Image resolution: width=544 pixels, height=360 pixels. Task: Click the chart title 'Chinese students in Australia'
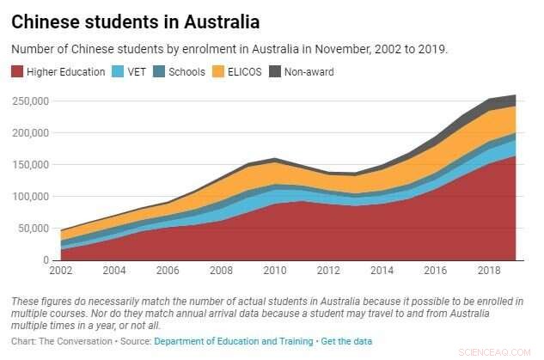click(x=136, y=20)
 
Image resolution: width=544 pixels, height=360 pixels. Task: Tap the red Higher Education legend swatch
click(x=17, y=71)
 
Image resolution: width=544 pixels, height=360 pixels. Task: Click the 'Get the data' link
click(x=345, y=342)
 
